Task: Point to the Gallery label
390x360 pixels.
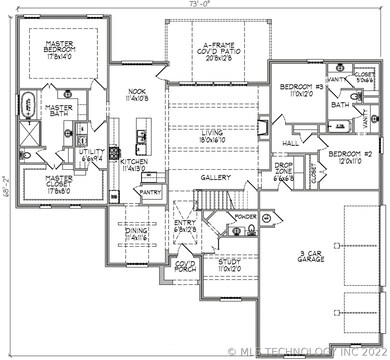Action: tap(216, 177)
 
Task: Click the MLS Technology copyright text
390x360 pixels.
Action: tap(304, 351)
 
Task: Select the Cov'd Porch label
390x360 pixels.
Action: tap(186, 267)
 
